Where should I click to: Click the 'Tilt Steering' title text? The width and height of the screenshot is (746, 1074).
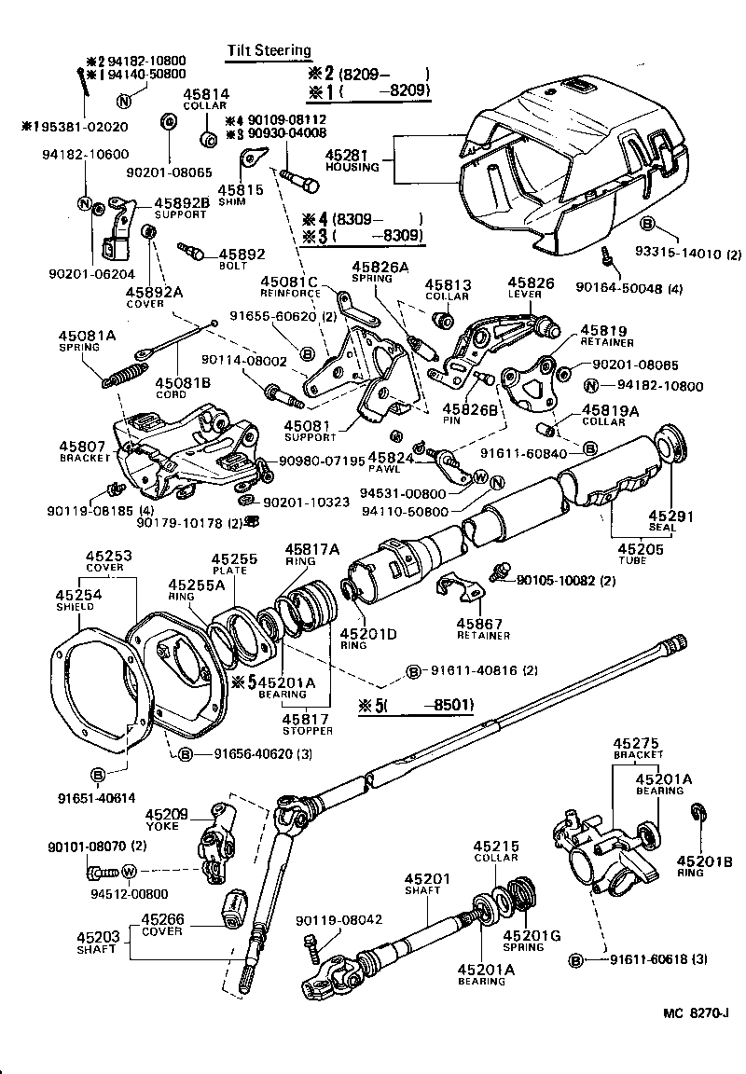click(x=270, y=50)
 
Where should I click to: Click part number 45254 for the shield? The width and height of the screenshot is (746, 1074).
click(x=74, y=594)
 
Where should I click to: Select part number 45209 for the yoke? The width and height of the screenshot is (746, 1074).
click(x=168, y=812)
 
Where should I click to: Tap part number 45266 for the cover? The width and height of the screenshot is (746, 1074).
click(x=162, y=918)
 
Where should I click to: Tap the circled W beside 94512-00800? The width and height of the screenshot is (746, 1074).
click(x=130, y=871)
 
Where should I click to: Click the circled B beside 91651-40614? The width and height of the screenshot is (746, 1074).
click(x=99, y=773)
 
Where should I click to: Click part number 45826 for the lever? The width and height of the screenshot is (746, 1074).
click(x=531, y=282)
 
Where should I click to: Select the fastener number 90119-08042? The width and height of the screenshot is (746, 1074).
click(x=339, y=919)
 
